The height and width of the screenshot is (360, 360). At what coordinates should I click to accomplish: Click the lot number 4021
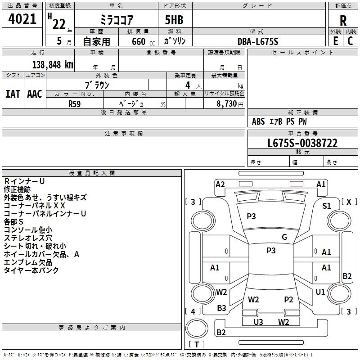pos(22,19)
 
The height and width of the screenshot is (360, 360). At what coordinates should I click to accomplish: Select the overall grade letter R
pos(343,20)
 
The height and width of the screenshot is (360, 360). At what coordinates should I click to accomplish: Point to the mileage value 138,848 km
pos(53,64)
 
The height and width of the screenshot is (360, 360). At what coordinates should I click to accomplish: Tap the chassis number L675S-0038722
pos(302,144)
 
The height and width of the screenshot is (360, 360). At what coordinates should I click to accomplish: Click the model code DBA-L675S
pos(258,41)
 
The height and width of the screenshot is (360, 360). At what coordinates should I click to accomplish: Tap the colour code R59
pos(75,103)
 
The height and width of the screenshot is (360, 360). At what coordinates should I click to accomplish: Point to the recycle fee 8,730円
pos(228,103)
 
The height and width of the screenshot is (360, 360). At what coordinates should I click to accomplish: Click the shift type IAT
pos(13,94)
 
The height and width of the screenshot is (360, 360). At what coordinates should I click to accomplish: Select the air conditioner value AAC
pos(34,94)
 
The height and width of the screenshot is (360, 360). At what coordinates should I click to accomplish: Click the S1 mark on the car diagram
pos(327,206)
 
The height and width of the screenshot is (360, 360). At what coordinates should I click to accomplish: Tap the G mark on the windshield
pos(284,237)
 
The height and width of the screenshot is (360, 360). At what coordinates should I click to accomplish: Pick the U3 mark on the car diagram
pos(258,321)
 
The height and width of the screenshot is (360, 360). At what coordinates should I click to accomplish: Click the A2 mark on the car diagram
pos(220,184)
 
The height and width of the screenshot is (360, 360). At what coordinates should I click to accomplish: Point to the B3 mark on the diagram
pos(221,308)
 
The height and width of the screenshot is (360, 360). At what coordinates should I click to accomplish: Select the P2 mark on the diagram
pos(288,299)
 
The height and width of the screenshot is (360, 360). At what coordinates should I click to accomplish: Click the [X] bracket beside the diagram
pos(349,202)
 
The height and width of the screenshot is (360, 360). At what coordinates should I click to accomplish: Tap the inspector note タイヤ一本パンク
pos(31,270)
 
